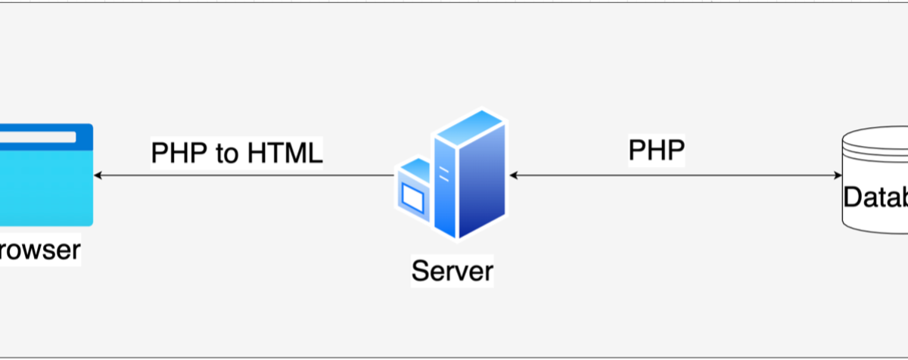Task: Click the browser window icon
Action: [x=45, y=175]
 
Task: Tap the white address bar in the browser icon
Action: [x=38, y=138]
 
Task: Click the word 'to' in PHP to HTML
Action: [x=226, y=153]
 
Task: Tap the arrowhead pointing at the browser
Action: [x=98, y=175]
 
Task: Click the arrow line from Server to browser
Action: [x=242, y=175]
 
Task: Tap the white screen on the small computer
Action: [x=413, y=199]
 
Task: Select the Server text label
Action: [x=452, y=270]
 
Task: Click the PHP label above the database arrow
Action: [x=656, y=151]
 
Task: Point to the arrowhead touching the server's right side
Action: [x=513, y=175]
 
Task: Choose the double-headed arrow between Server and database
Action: [x=673, y=175]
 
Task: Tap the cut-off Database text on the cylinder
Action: [x=876, y=197]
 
